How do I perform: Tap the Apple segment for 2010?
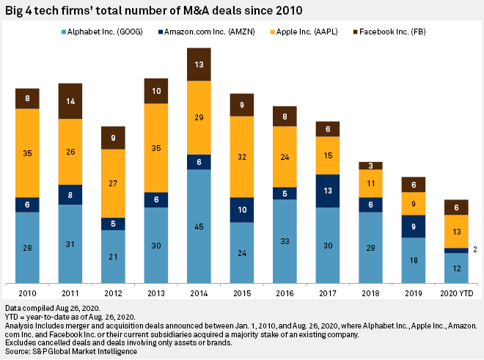tap(28, 153)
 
